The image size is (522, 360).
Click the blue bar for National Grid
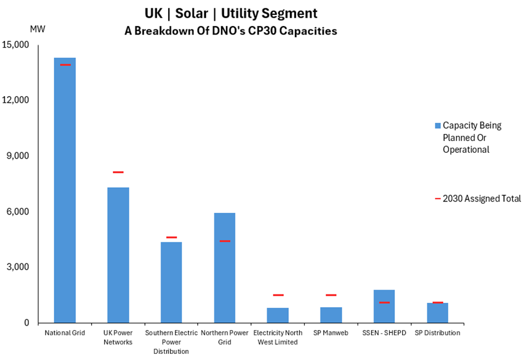point(65,189)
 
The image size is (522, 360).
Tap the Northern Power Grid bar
point(224,267)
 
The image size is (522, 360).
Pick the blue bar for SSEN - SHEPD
point(384,306)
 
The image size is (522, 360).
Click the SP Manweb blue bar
point(331,314)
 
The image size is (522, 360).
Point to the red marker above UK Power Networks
point(118,172)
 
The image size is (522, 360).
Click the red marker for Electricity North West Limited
point(278,295)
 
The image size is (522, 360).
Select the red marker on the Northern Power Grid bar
point(224,241)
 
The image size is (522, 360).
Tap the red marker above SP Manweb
point(331,295)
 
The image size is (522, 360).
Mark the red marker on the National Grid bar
point(65,65)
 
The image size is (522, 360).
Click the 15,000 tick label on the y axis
point(17,45)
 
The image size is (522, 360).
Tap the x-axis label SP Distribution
point(438,333)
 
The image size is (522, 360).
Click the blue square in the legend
point(438,126)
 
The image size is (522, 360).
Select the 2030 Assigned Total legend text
point(481,198)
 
